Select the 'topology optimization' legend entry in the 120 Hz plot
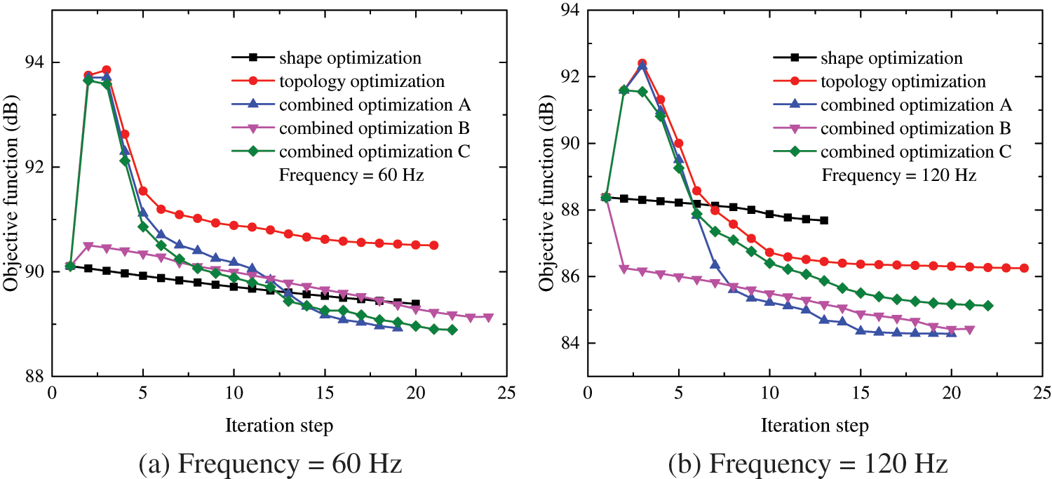904,81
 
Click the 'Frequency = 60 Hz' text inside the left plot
351,175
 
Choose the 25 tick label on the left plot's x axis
508,391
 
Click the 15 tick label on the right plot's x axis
861,391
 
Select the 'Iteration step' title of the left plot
279,424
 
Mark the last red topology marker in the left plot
434,245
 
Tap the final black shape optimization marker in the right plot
823,220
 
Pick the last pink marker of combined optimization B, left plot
489,318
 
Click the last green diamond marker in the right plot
987,306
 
